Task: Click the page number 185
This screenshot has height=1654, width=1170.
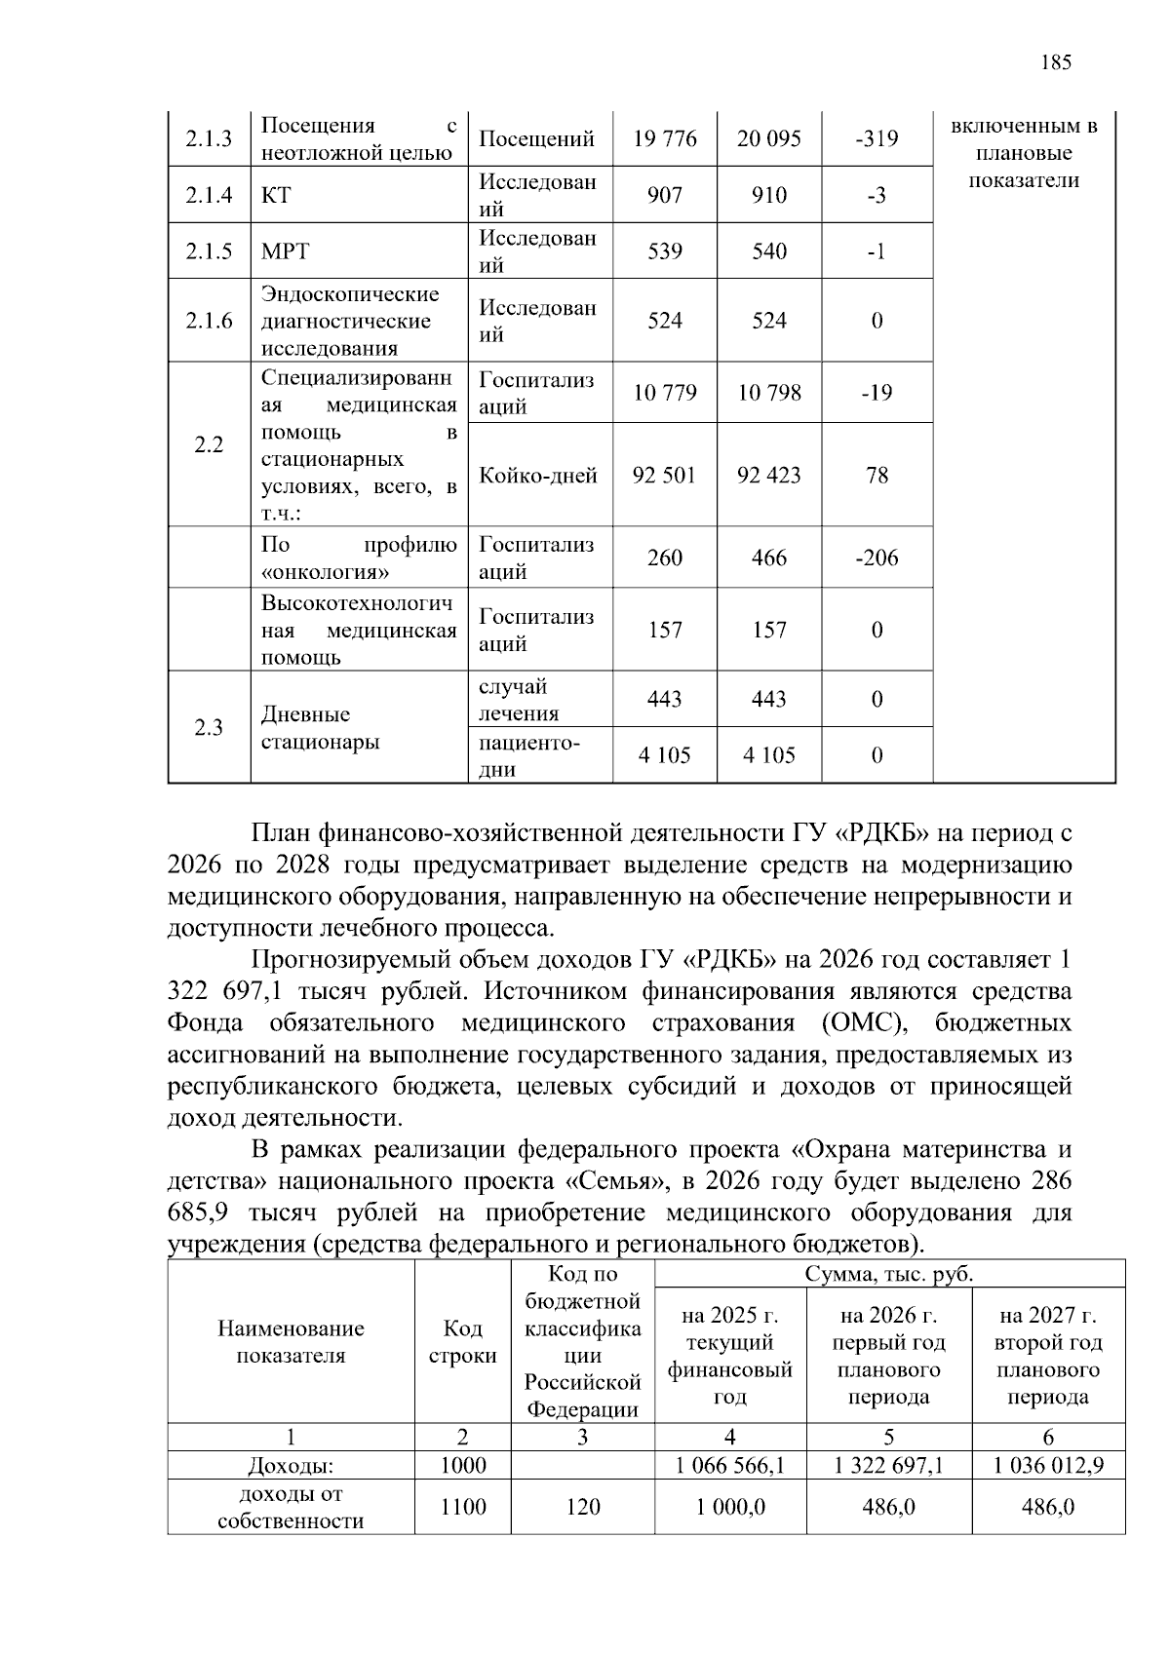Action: [1056, 63]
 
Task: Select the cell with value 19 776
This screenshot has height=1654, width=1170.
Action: [664, 139]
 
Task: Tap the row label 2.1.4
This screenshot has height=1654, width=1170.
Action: [209, 196]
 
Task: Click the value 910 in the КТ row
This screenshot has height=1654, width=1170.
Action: [768, 196]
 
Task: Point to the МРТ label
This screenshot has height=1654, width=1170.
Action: [285, 251]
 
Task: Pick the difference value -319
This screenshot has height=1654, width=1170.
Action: [877, 139]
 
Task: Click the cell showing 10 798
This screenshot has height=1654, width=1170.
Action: [768, 393]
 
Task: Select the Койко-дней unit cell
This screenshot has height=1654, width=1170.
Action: [538, 476]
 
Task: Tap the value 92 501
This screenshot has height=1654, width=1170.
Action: [664, 476]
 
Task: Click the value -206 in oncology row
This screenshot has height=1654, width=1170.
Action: [877, 558]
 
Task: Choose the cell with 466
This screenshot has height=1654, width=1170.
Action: [768, 558]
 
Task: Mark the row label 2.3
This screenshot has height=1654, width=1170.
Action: [209, 728]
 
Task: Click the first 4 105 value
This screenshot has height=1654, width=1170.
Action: [664, 755]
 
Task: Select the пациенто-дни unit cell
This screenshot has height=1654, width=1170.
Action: [529, 755]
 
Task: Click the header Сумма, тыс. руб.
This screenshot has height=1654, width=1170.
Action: [889, 1274]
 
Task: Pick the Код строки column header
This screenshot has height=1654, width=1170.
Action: [462, 1342]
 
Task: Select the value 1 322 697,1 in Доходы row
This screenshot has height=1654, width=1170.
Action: [888, 1465]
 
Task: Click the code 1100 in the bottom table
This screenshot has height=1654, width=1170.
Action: [462, 1507]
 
